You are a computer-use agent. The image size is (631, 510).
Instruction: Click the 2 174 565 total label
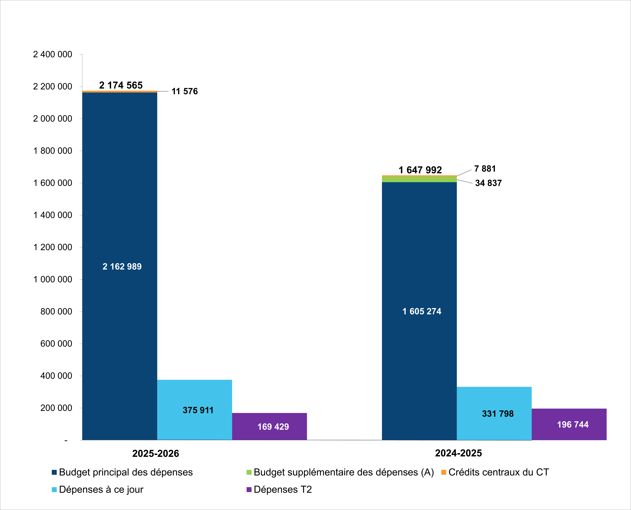pyautogui.click(x=121, y=85)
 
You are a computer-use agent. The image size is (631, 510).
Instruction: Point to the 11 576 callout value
pyautogui.click(x=185, y=91)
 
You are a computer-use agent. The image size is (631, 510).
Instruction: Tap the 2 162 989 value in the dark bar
pyautogui.click(x=122, y=266)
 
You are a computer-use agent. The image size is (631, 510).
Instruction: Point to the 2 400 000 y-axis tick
pyautogui.click(x=53, y=54)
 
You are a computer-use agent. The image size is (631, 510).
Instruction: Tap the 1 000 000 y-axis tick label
pyautogui.click(x=53, y=279)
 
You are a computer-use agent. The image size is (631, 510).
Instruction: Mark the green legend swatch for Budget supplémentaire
pyautogui.click(x=249, y=472)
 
